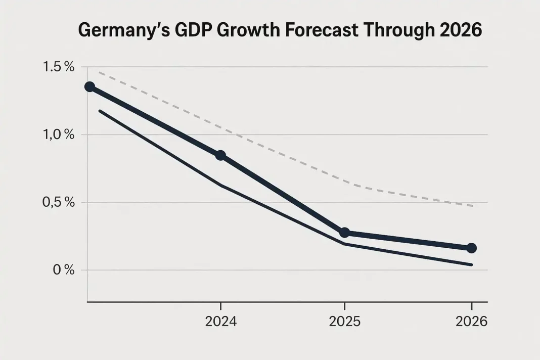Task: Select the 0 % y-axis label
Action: pos(64,270)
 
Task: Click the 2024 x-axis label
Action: pos(220,322)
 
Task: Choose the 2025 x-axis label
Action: pos(345,322)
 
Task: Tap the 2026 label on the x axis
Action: pos(471,322)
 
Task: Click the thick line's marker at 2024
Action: pos(220,155)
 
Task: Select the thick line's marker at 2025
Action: pos(344,233)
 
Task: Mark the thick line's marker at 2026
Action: pos(471,248)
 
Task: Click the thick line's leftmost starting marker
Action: pos(89,86)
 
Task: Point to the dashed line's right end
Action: pos(472,206)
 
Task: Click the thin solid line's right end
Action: pos(471,264)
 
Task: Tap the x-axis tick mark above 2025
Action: pos(345,306)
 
